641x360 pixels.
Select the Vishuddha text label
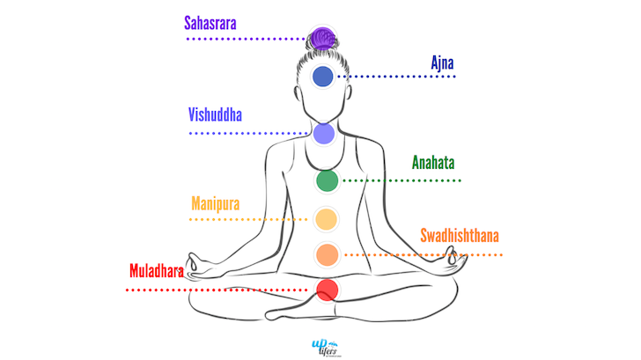(215, 115)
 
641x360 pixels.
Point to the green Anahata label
(433, 163)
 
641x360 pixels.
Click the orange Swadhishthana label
(459, 235)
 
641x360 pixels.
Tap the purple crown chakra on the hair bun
(322, 39)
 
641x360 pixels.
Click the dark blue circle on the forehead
(323, 77)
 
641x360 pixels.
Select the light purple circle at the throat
(323, 134)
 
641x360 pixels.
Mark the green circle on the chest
(327, 181)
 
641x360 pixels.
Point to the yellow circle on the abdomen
(326, 218)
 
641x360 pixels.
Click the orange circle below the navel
(327, 254)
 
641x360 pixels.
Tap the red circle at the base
(327, 289)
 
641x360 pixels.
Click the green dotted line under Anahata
(401, 180)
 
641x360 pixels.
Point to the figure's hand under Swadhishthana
(454, 260)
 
